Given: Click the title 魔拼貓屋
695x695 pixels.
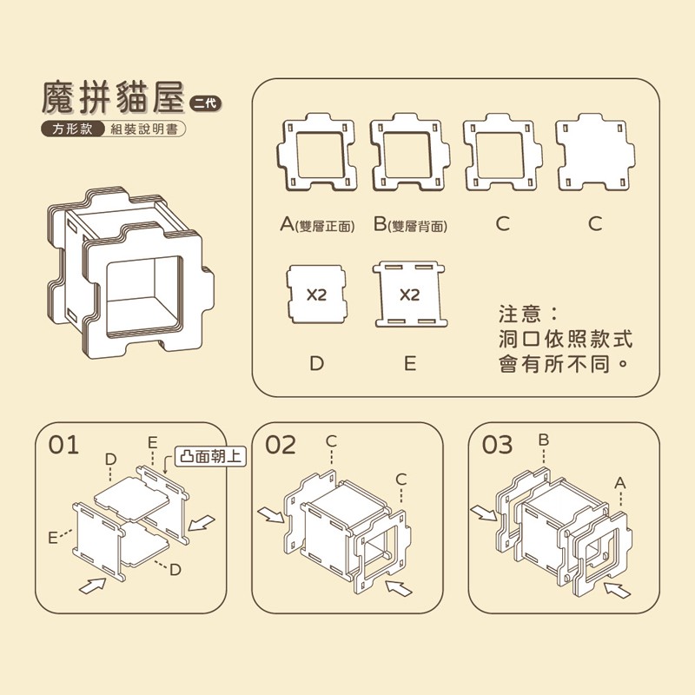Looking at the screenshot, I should pyautogui.click(x=114, y=99).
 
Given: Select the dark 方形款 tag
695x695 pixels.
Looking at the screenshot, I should pyautogui.click(x=71, y=129).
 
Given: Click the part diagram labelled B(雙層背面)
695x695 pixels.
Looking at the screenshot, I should pyautogui.click(x=410, y=154).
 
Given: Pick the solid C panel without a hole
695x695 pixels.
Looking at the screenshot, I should pyautogui.click(x=595, y=154).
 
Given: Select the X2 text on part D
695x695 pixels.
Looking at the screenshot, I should pyautogui.click(x=316, y=295).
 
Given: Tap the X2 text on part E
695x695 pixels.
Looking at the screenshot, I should pyautogui.click(x=409, y=295).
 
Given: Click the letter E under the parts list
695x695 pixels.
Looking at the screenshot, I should pyautogui.click(x=409, y=363).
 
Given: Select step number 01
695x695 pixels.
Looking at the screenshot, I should pyautogui.click(x=64, y=446).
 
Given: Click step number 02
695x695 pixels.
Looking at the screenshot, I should pyautogui.click(x=281, y=446).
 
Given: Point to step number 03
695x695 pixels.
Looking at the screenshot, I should pyautogui.click(x=497, y=446).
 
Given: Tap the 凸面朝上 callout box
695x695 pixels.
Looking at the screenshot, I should pyautogui.click(x=211, y=455).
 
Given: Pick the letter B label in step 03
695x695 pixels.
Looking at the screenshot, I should pyautogui.click(x=544, y=440).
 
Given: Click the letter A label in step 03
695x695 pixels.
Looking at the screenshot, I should pyautogui.click(x=620, y=481).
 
